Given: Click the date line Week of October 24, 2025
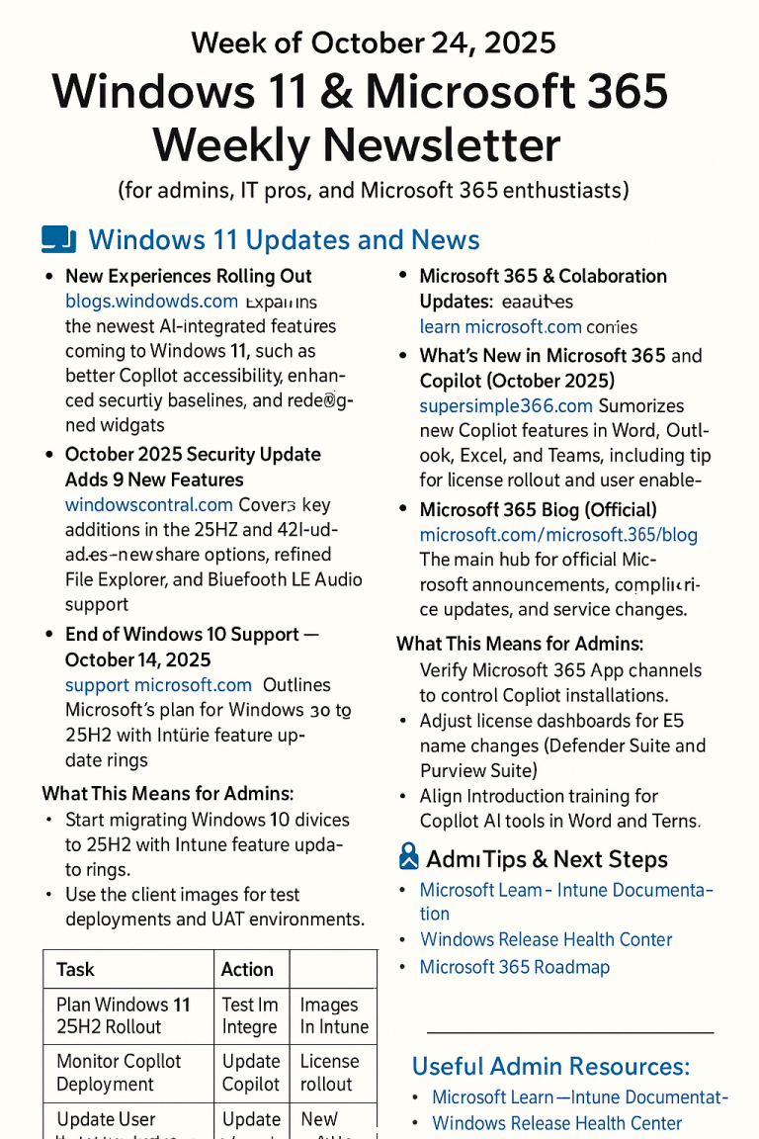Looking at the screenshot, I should click(x=374, y=43).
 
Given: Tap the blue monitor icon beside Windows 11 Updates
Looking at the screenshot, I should click(x=59, y=239).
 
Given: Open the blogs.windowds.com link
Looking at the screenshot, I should click(x=151, y=301).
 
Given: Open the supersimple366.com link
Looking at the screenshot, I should click(x=506, y=405).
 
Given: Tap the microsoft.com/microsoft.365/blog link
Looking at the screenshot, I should click(x=558, y=535).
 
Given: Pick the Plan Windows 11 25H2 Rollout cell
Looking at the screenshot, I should click(x=127, y=1015).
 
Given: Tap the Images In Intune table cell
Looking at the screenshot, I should click(x=333, y=1015).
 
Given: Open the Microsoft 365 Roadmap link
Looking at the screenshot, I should click(x=514, y=967).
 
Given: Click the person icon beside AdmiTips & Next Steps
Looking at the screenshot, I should click(x=407, y=856).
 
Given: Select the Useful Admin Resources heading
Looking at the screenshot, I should click(x=550, y=1066).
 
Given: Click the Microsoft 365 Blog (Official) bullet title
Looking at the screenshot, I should click(x=538, y=510).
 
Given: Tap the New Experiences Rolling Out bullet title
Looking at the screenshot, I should click(x=188, y=276).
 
